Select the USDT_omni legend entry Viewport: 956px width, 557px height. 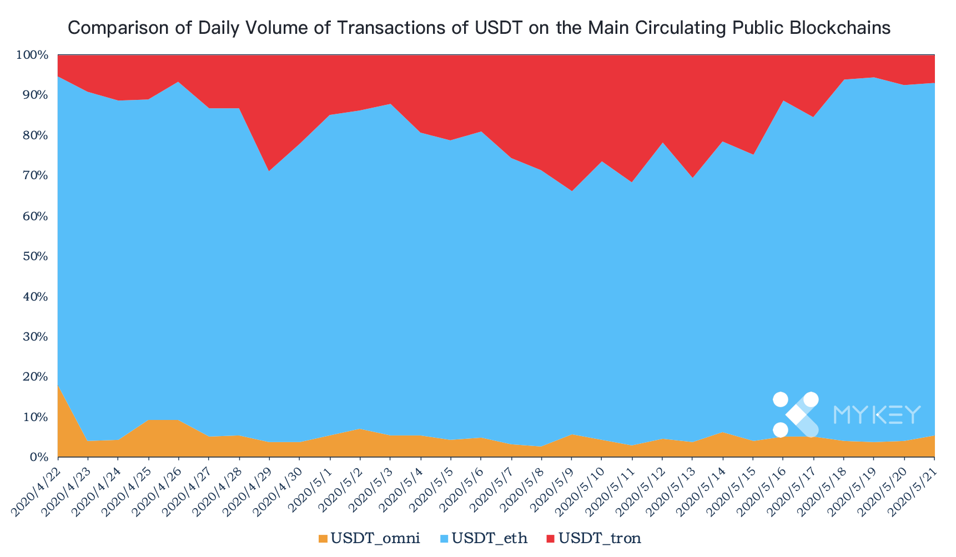pos(369,538)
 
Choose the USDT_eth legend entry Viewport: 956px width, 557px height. pos(482,538)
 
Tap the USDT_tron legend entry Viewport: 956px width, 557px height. pos(593,538)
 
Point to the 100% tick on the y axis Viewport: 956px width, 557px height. pos(33,55)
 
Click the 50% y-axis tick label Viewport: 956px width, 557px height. pos(37,256)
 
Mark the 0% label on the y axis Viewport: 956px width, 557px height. pos(40,457)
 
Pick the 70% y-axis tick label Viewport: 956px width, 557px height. pos(37,176)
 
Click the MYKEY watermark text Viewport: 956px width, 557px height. pos(877,414)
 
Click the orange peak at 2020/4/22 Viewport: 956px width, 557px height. pos(58,384)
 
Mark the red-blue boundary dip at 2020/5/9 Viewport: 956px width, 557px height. pos(572,191)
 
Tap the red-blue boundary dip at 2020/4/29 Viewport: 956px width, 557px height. pos(270,171)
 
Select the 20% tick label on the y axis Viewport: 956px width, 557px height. pos(37,377)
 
